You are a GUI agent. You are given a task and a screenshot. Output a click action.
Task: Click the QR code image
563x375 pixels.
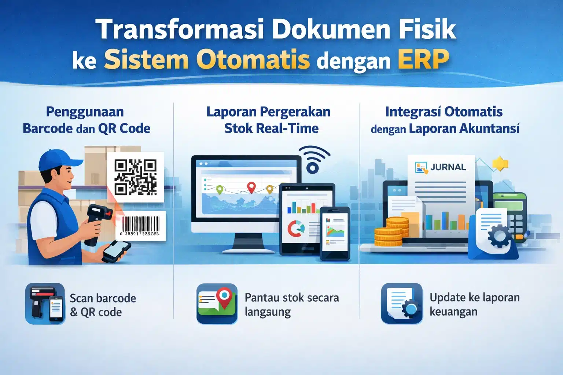coord(136,177)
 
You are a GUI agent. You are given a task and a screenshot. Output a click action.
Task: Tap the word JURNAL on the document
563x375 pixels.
coord(448,167)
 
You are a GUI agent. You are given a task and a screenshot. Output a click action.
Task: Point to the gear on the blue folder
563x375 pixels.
coord(499,236)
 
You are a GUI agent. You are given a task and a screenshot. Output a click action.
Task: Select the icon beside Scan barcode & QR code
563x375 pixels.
coord(45,304)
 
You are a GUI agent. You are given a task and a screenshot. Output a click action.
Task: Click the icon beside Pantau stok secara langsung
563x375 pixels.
coord(217,304)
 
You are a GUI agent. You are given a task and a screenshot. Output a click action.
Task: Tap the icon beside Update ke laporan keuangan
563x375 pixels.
coord(402,304)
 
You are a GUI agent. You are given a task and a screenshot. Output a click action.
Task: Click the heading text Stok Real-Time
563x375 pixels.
coord(271,129)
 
